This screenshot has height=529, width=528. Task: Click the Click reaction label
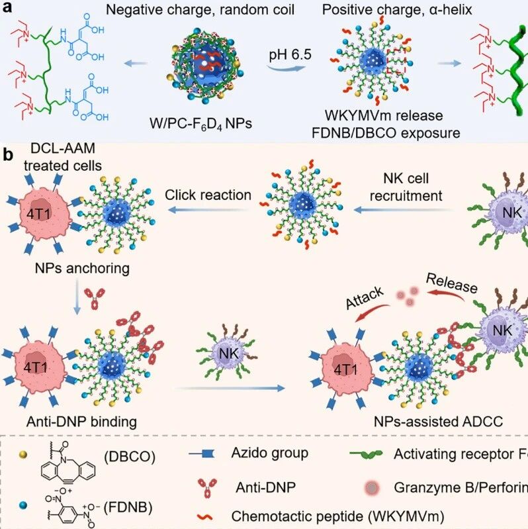pos(208,195)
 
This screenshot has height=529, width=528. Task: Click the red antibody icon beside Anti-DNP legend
pos(203,487)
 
